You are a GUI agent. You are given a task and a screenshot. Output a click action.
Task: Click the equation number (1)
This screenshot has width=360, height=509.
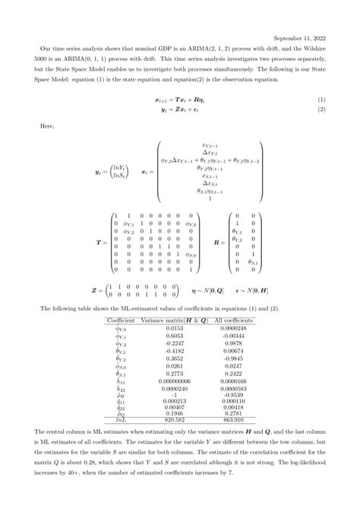(x=321, y=100)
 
